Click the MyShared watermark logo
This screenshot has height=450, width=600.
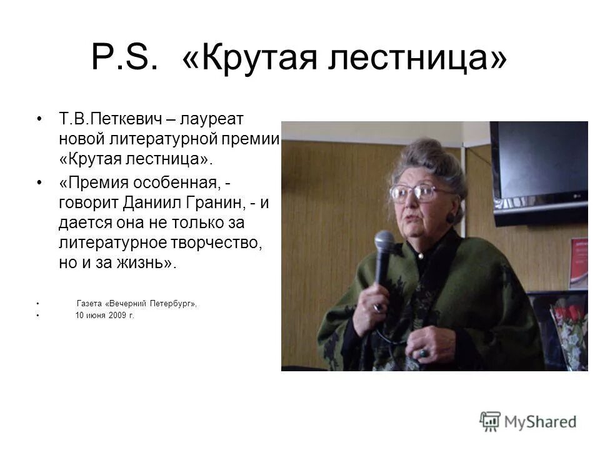point(528,421)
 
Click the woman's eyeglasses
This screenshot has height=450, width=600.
point(416,193)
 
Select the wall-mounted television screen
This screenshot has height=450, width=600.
point(538,165)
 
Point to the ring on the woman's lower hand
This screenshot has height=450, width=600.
point(424,354)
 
